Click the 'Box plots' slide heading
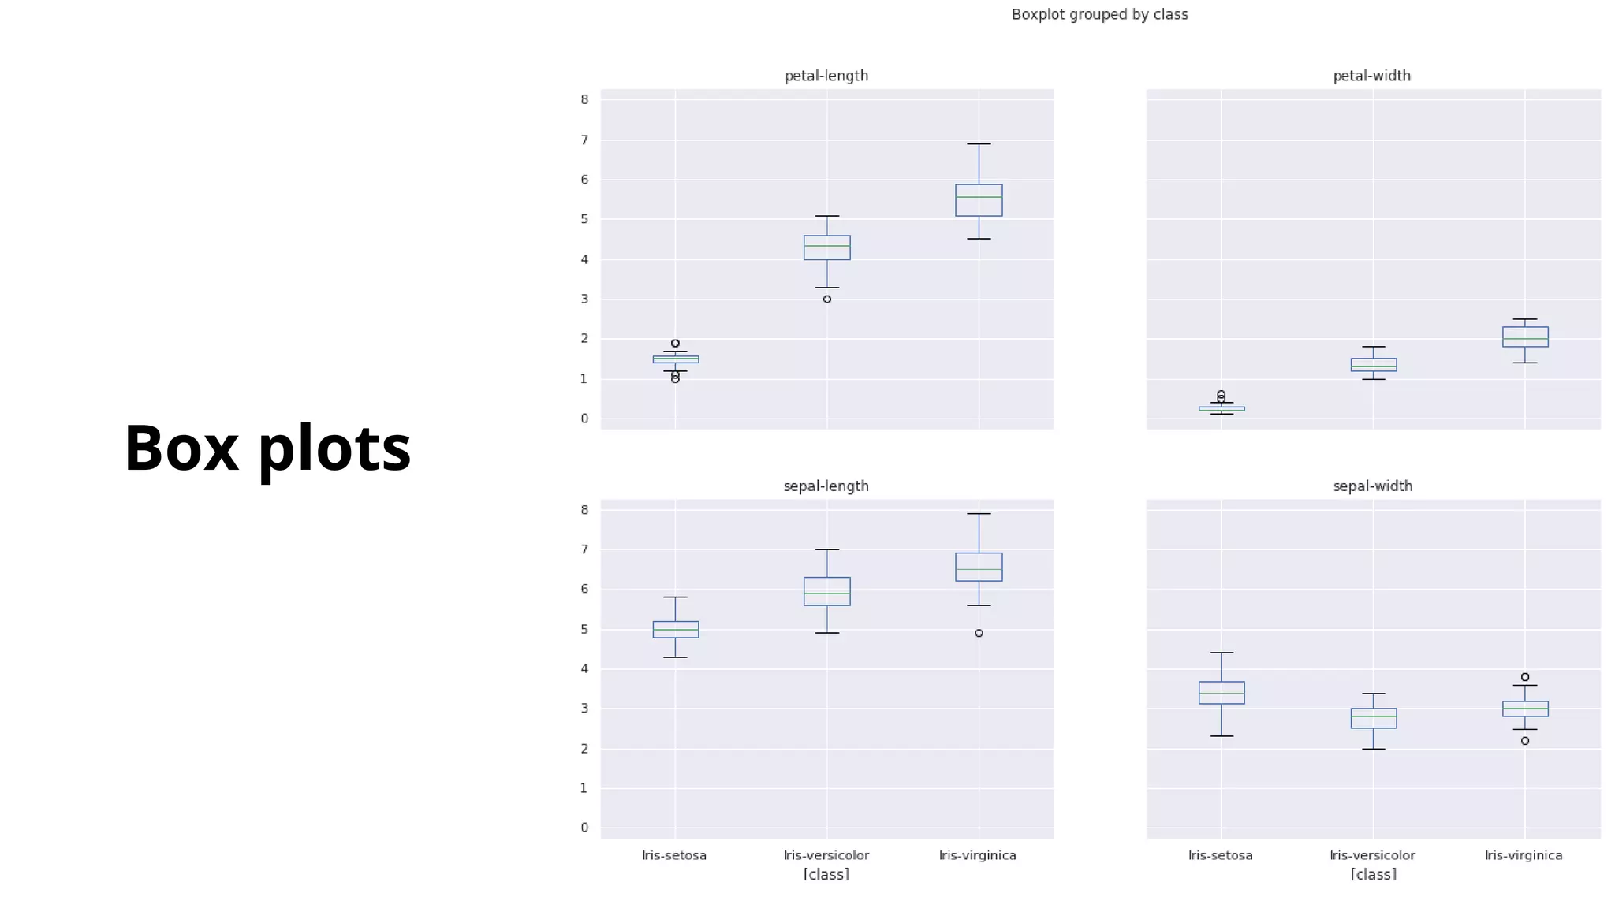267,448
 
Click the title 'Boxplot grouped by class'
1099,15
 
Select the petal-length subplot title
826,76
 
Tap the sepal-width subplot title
1372,486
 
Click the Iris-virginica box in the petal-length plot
979,200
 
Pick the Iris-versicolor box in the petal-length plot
826,247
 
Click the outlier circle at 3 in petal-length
826,300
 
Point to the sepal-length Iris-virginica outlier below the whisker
979,633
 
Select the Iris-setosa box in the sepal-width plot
1221,693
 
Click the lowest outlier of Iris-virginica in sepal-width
1524,741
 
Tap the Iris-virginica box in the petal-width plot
1524,337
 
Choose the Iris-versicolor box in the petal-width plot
1373,365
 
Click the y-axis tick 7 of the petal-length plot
584,140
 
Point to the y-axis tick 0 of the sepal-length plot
584,828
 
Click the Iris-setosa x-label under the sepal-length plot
674,855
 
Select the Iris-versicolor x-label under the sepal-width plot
1372,855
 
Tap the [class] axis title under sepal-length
826,874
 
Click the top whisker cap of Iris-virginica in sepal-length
979,514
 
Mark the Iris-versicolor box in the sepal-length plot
826,591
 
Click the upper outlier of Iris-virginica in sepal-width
1524,677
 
